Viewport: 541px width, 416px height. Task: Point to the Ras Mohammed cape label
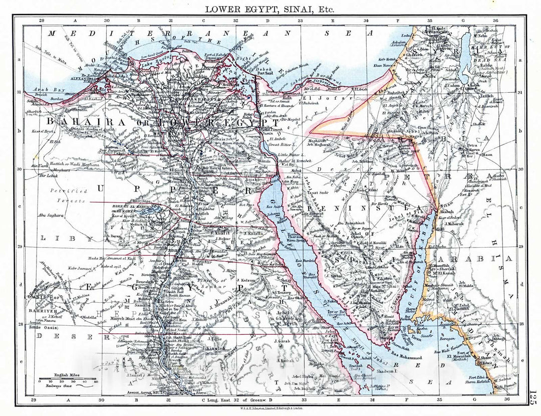point(404,357)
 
